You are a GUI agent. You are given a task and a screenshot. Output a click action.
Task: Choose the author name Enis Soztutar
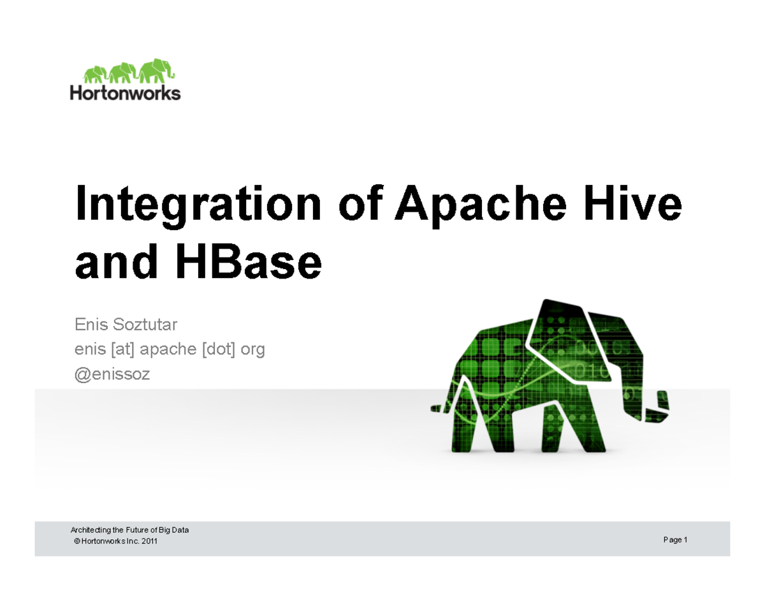(x=126, y=325)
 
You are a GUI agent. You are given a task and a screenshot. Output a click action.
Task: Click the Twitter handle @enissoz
(x=112, y=374)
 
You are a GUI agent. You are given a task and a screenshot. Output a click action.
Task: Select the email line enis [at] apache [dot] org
(x=170, y=349)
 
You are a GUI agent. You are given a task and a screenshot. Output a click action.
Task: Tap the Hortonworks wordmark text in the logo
(x=125, y=93)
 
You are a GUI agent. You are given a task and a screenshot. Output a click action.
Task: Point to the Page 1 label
(x=674, y=540)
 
